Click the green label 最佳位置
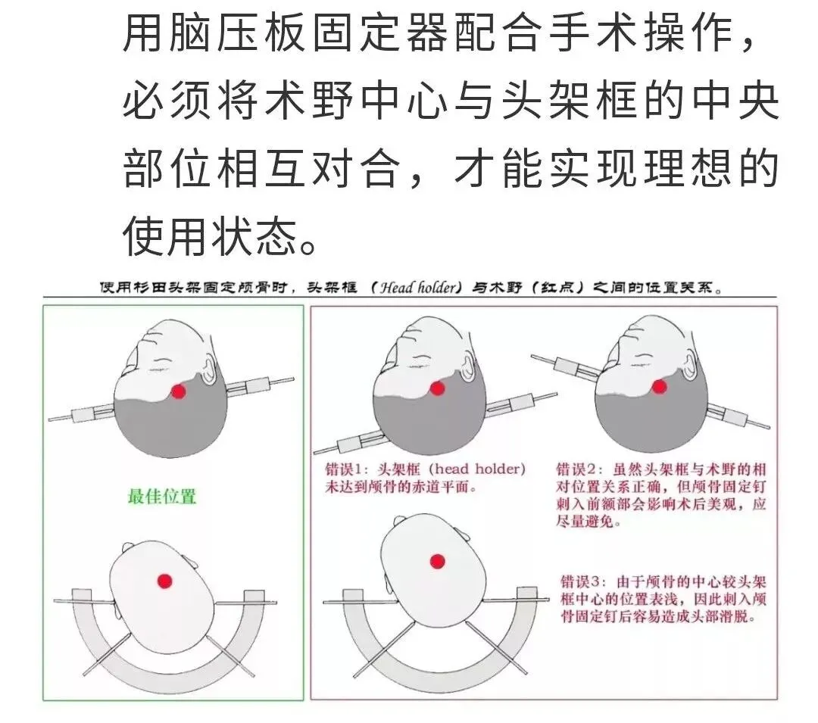tap(162, 496)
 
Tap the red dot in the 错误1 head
tap(437, 388)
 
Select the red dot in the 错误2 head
tap(660, 387)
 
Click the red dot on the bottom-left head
tap(165, 581)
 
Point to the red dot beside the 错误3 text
tap(437, 562)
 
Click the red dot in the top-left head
tap(179, 391)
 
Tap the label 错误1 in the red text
tap(344, 469)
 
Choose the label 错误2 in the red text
tap(575, 469)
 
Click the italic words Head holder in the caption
tap(417, 287)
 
